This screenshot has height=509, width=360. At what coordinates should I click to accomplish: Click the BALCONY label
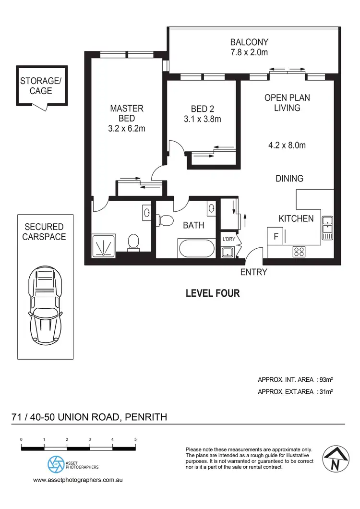pyautogui.click(x=249, y=42)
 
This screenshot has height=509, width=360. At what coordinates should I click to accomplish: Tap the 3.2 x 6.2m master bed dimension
pyautogui.click(x=127, y=128)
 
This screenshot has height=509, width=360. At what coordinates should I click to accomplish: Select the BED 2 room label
pyautogui.click(x=202, y=109)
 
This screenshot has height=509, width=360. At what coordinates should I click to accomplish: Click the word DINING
pyautogui.click(x=289, y=178)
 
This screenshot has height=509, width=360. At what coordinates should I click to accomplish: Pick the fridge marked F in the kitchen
pyautogui.click(x=276, y=236)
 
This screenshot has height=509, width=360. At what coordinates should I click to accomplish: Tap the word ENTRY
pyautogui.click(x=253, y=272)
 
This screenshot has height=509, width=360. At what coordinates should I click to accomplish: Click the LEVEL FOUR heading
pyautogui.click(x=212, y=293)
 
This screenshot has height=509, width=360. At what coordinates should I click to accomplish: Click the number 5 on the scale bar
pyautogui.click(x=135, y=439)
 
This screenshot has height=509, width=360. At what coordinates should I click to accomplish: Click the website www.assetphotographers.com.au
pyautogui.click(x=78, y=480)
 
